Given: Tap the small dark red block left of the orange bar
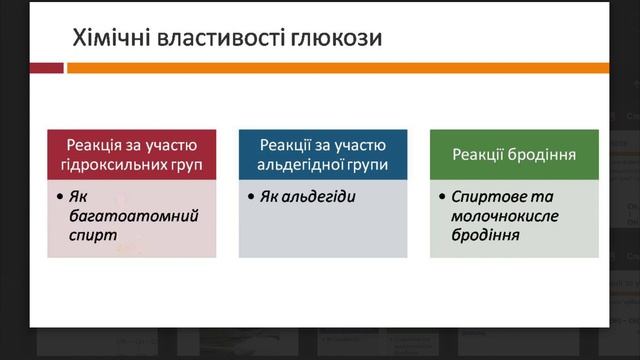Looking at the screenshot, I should (46, 68).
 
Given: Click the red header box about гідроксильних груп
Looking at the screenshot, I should (132, 154).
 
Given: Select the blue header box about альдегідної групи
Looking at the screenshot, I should (323, 154).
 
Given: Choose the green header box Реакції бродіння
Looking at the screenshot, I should (514, 154).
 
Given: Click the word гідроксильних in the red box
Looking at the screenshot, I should (118, 164).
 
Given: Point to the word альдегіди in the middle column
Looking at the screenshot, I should (322, 195).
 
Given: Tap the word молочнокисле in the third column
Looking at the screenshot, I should (504, 215).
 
